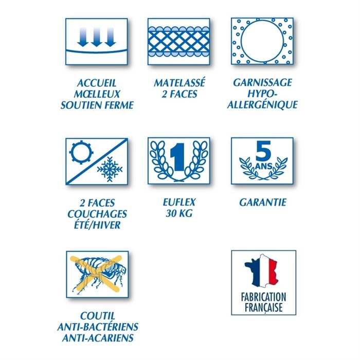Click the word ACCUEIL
97,83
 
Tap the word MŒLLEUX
97,94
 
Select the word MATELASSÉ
179,83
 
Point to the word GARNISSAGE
263,83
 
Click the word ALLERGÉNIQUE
262,105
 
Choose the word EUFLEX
179,202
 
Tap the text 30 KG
179,213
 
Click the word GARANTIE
263,203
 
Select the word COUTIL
98,316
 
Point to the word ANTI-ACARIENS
98,338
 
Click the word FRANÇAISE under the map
263,308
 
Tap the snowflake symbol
110,169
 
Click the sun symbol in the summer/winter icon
81,152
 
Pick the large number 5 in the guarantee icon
263,151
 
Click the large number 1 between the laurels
178,157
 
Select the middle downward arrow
97,37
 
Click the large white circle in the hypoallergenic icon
262,41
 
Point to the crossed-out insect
99,274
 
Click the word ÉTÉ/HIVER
97,225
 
